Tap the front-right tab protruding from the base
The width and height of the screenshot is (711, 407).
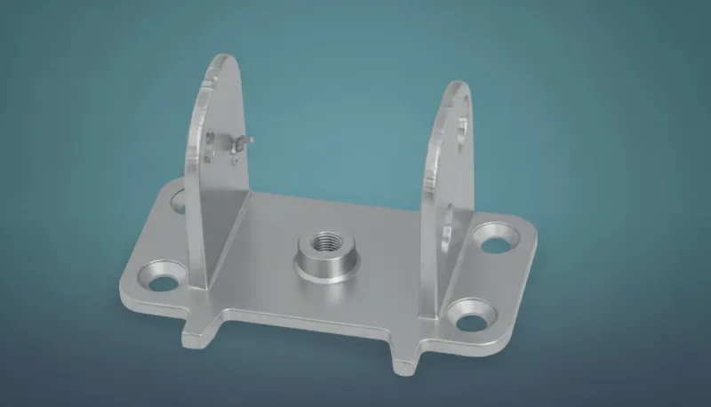click(404, 361)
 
